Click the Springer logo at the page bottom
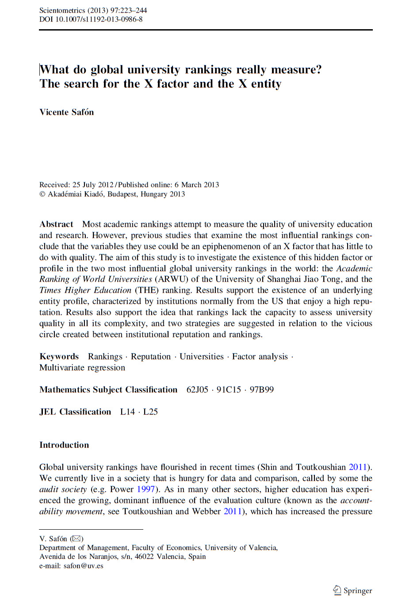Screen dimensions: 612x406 coord(352,590)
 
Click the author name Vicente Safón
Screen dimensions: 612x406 coord(67,112)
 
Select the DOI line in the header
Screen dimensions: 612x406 coord(91,19)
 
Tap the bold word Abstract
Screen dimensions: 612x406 coord(56,224)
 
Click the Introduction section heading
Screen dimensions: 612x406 coord(64,445)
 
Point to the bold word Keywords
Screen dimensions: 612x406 coord(59,357)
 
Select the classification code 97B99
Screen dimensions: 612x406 coord(261,390)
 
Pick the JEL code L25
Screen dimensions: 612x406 coord(150,412)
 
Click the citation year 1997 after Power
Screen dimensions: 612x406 coord(146,489)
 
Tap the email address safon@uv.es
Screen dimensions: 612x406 coord(83,566)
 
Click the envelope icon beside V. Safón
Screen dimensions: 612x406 coord(77,539)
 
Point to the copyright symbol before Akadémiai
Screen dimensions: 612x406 coord(42,194)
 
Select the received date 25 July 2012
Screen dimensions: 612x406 coord(93,185)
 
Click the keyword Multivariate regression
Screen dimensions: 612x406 coord(82,368)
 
